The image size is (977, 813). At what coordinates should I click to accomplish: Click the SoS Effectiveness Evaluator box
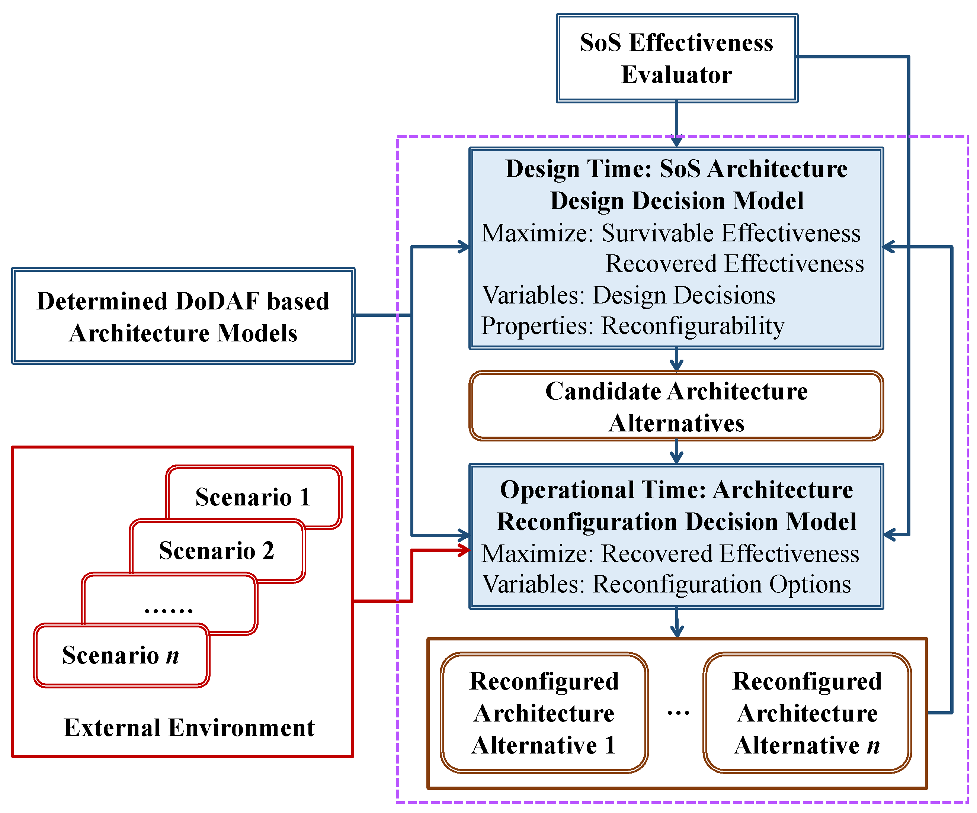coord(677,58)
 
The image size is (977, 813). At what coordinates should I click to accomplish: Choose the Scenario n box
coord(121,655)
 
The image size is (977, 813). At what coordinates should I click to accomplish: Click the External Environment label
coord(189,727)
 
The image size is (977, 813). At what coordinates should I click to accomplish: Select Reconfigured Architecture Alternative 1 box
coord(544,713)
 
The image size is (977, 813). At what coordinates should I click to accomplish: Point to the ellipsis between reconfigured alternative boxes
coord(678,713)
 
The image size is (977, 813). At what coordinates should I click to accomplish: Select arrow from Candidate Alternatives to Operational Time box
coord(676,452)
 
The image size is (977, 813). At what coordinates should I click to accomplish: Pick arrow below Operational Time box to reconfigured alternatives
coord(676,623)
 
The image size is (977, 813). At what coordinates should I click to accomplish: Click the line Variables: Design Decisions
coord(628,295)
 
